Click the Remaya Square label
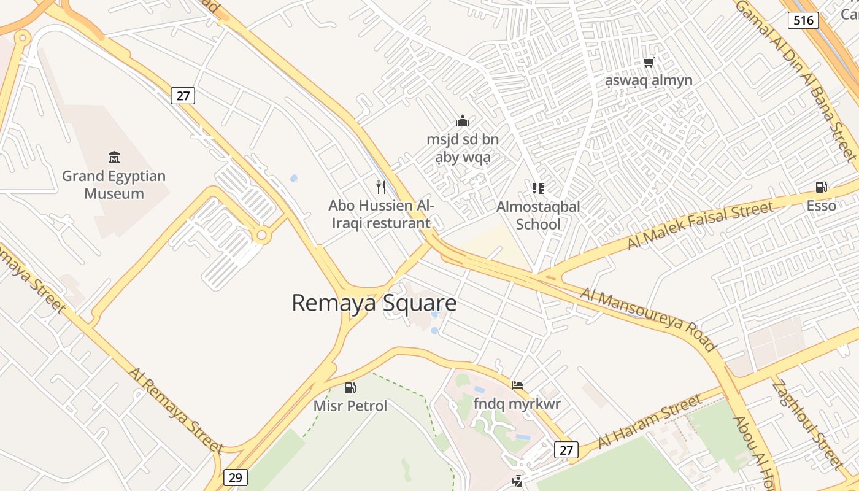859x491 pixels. coord(374,303)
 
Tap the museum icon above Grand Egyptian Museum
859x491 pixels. coord(114,158)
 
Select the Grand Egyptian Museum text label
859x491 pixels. coord(114,185)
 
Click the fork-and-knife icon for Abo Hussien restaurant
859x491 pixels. coord(381,187)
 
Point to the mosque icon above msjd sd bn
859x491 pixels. coord(463,121)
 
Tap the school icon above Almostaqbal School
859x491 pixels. coord(538,188)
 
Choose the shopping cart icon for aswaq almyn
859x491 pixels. coord(649,62)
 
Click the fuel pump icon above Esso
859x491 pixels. coord(821,187)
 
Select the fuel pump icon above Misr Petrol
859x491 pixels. coord(350,387)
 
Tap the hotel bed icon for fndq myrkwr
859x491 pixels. coord(517,385)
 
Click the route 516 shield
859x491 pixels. coord(803,20)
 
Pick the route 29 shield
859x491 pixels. coord(235,477)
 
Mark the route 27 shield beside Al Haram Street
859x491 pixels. coord(566,450)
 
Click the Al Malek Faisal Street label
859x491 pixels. coord(699,225)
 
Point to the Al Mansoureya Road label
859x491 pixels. coord(649,320)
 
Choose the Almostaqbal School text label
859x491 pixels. coord(538,215)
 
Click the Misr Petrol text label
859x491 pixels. coord(350,406)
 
